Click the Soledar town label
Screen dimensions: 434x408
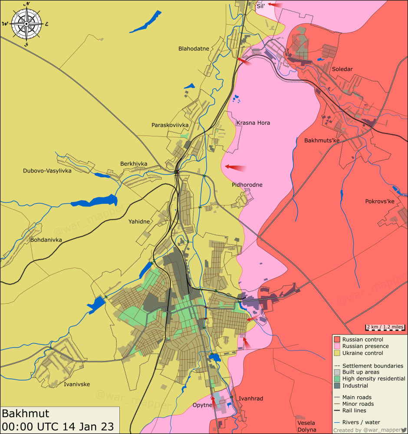[342, 69]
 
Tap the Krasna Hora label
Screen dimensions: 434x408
[253, 123]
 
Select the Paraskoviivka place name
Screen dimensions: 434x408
[170, 125]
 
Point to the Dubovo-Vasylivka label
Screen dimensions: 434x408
[47, 171]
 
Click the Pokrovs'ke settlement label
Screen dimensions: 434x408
[379, 201]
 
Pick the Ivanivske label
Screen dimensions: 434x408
[77, 384]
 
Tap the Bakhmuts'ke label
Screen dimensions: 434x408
[322, 141]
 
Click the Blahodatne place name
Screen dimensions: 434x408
[194, 49]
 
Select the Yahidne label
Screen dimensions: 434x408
[139, 222]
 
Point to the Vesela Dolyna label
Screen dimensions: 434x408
[306, 426]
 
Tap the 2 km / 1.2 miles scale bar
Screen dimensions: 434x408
[385, 327]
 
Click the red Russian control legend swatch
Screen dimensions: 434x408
[337, 339]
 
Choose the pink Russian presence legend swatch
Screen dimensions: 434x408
[337, 346]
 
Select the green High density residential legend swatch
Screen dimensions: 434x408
[337, 379]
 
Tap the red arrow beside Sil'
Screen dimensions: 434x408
[275, 5]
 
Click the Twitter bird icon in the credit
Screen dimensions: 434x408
[403, 430]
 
